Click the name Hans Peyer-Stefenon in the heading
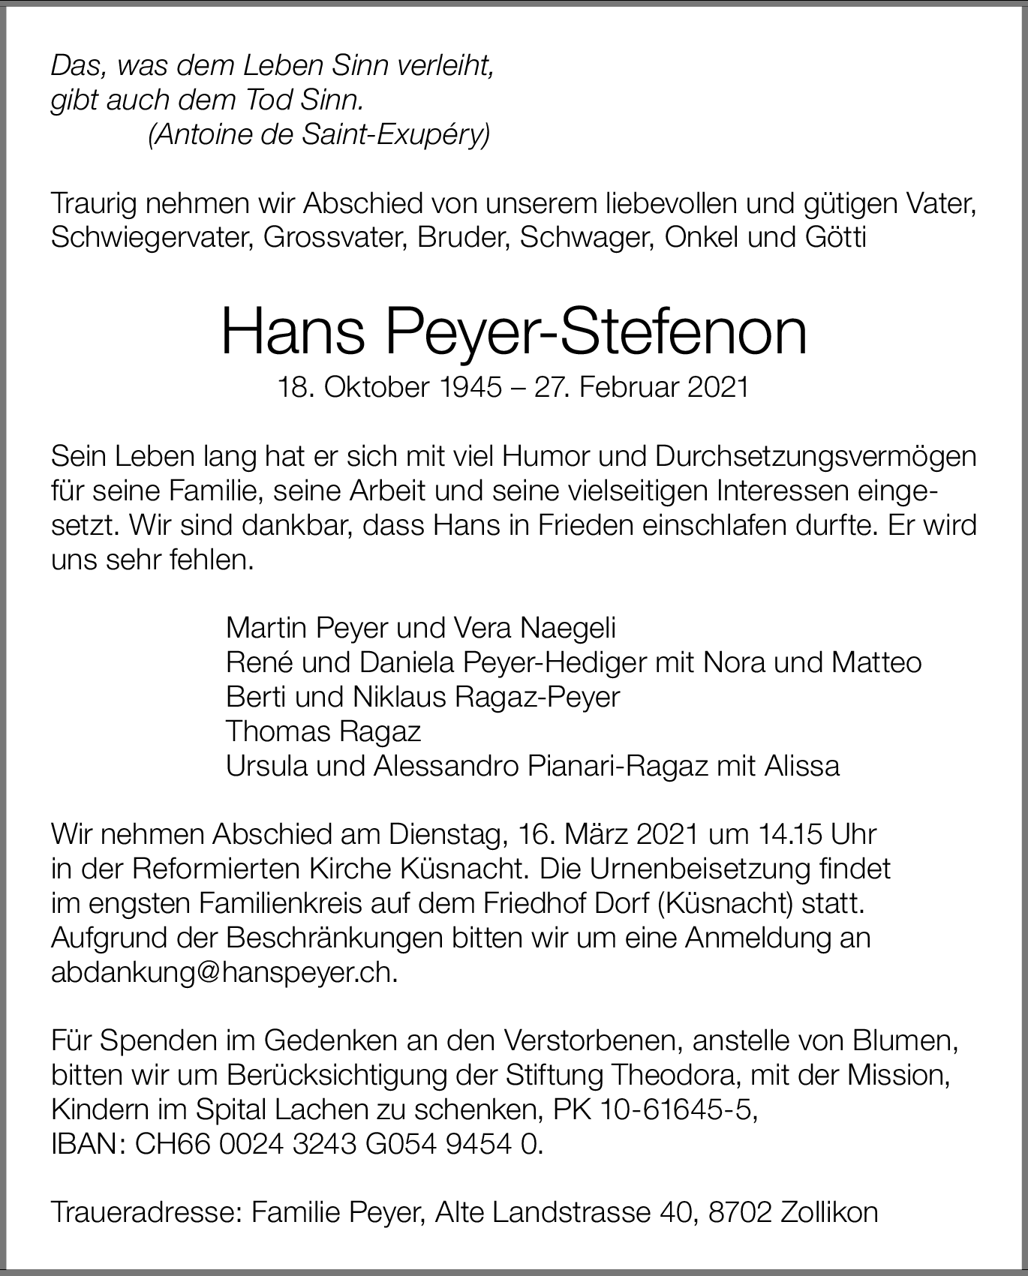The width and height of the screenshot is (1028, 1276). point(514,332)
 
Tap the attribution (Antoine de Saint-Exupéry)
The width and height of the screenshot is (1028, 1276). point(319,135)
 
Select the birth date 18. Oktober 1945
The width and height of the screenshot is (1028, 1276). point(389,387)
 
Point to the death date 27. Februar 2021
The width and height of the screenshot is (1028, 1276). point(641,387)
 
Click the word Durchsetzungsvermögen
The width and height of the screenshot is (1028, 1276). point(816,457)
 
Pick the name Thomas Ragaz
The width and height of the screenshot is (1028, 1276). point(323,731)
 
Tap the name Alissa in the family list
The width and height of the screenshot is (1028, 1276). point(801,766)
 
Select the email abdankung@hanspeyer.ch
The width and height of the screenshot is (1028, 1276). point(221,973)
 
